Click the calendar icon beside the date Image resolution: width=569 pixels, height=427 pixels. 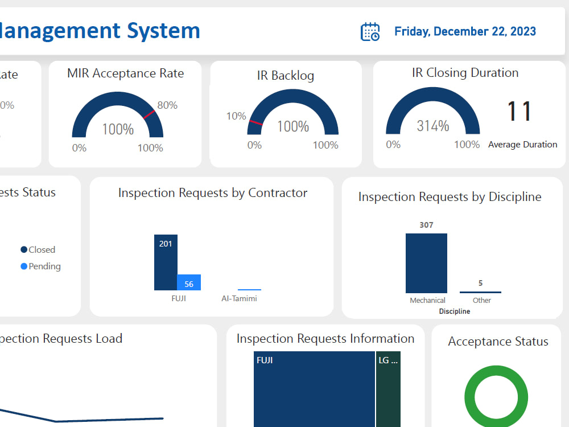pyautogui.click(x=370, y=32)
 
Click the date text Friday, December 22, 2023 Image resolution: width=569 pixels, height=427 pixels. pyautogui.click(x=465, y=31)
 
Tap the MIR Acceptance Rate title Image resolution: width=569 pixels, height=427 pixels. pyautogui.click(x=125, y=73)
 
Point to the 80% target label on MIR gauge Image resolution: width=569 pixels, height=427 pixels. pyautogui.click(x=167, y=105)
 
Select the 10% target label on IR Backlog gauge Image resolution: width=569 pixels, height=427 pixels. pyautogui.click(x=236, y=116)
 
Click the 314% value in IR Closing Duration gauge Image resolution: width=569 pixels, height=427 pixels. pyautogui.click(x=433, y=126)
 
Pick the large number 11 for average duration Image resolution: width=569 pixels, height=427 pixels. pyautogui.click(x=519, y=112)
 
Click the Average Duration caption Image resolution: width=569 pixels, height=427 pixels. pyautogui.click(x=522, y=145)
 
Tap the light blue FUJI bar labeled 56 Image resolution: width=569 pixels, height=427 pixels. pyautogui.click(x=189, y=283)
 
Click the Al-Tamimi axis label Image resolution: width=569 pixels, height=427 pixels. pyautogui.click(x=239, y=298)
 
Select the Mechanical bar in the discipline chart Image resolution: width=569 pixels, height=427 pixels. pyautogui.click(x=426, y=264)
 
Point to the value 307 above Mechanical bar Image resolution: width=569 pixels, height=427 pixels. pyautogui.click(x=426, y=225)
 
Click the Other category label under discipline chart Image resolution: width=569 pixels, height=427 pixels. pyautogui.click(x=482, y=301)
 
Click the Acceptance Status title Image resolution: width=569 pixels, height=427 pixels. pyautogui.click(x=498, y=342)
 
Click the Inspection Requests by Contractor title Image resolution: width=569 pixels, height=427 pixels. pyautogui.click(x=213, y=193)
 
